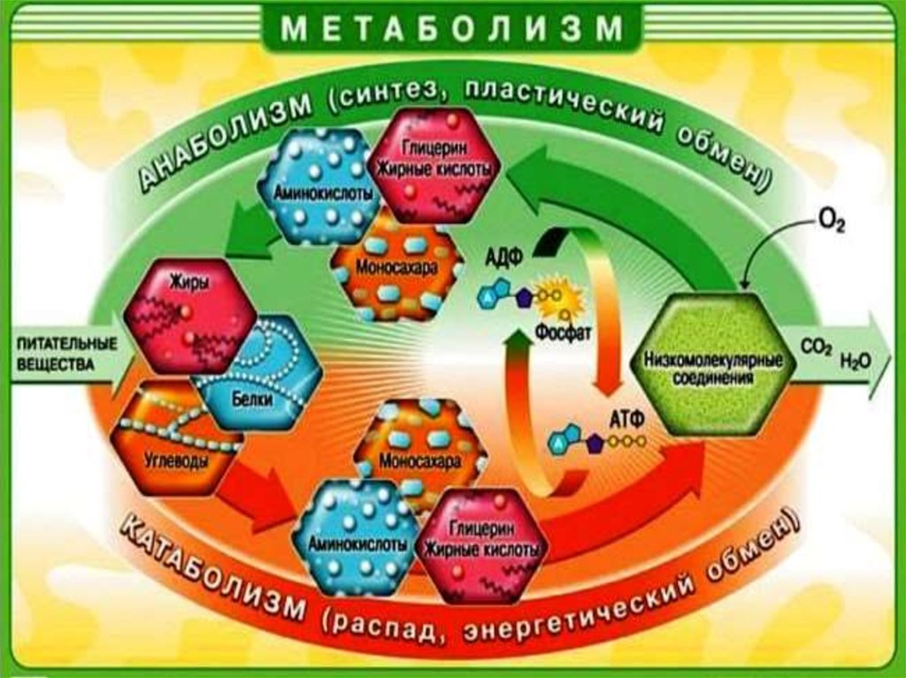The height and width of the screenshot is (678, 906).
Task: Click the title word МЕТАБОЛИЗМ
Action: click(453, 30)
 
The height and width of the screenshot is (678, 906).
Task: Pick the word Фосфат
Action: click(557, 335)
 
